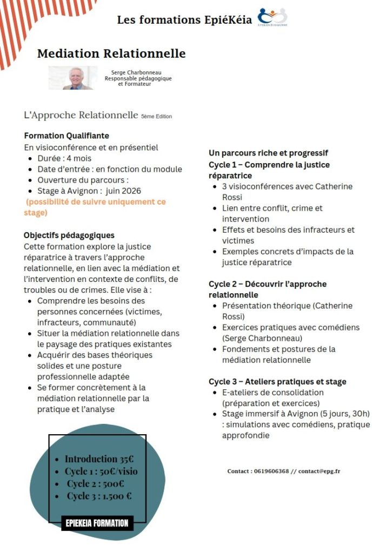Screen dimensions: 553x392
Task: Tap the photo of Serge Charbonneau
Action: [x=73, y=78]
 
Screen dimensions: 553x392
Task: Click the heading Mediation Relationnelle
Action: [x=111, y=53]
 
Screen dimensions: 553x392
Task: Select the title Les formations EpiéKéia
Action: [x=184, y=20]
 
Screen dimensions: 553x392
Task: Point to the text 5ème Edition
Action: [x=156, y=116]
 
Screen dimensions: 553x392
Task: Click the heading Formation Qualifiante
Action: [x=67, y=136]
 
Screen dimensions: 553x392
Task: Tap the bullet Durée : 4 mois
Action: [x=64, y=158]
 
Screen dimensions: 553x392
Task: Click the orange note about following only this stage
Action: [x=95, y=207]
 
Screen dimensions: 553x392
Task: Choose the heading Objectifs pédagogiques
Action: [x=69, y=235]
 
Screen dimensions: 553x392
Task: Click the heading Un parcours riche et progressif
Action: [x=268, y=153]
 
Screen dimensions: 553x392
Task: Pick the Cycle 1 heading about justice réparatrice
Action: [x=269, y=170]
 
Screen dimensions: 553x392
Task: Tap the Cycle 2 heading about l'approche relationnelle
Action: [x=268, y=289]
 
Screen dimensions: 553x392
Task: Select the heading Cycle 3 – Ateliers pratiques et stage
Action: [x=277, y=381]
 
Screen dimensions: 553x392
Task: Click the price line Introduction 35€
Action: [x=99, y=459]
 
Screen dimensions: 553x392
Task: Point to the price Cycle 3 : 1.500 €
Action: [x=99, y=496]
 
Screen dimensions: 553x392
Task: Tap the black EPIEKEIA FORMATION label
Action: [x=97, y=523]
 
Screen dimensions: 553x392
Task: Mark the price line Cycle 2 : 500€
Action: [x=96, y=483]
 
